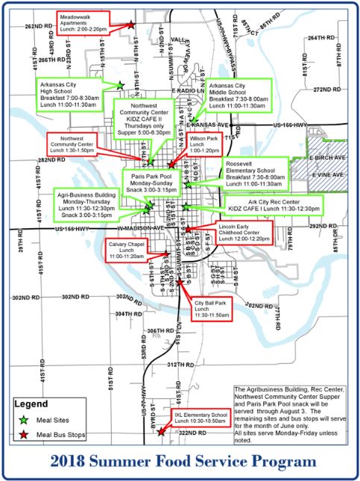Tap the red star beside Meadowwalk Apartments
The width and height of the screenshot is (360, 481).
pos(131,25)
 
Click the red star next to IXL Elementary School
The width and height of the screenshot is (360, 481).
pos(161,430)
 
